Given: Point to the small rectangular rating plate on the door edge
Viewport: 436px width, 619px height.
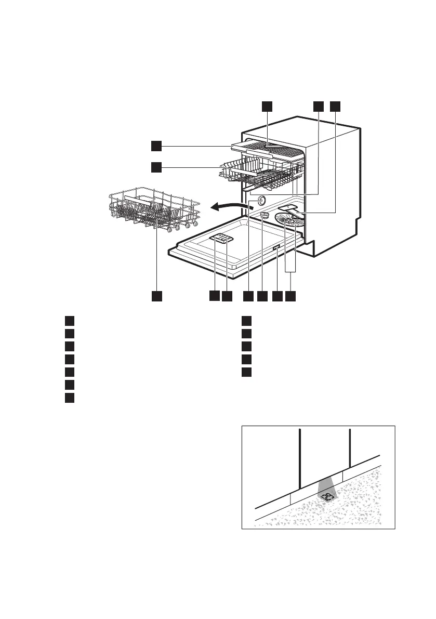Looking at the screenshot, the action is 276,249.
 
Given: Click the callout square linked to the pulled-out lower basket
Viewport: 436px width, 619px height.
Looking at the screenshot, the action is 156,296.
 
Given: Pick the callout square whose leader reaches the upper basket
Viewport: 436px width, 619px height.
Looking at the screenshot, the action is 156,167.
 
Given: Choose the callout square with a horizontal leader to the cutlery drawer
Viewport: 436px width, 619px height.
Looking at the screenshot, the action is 156,146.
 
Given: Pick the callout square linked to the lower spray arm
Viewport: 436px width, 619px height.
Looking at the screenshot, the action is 336,106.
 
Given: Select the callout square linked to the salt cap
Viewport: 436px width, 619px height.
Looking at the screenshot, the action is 262,296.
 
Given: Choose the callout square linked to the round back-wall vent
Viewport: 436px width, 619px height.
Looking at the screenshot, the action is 248,296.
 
